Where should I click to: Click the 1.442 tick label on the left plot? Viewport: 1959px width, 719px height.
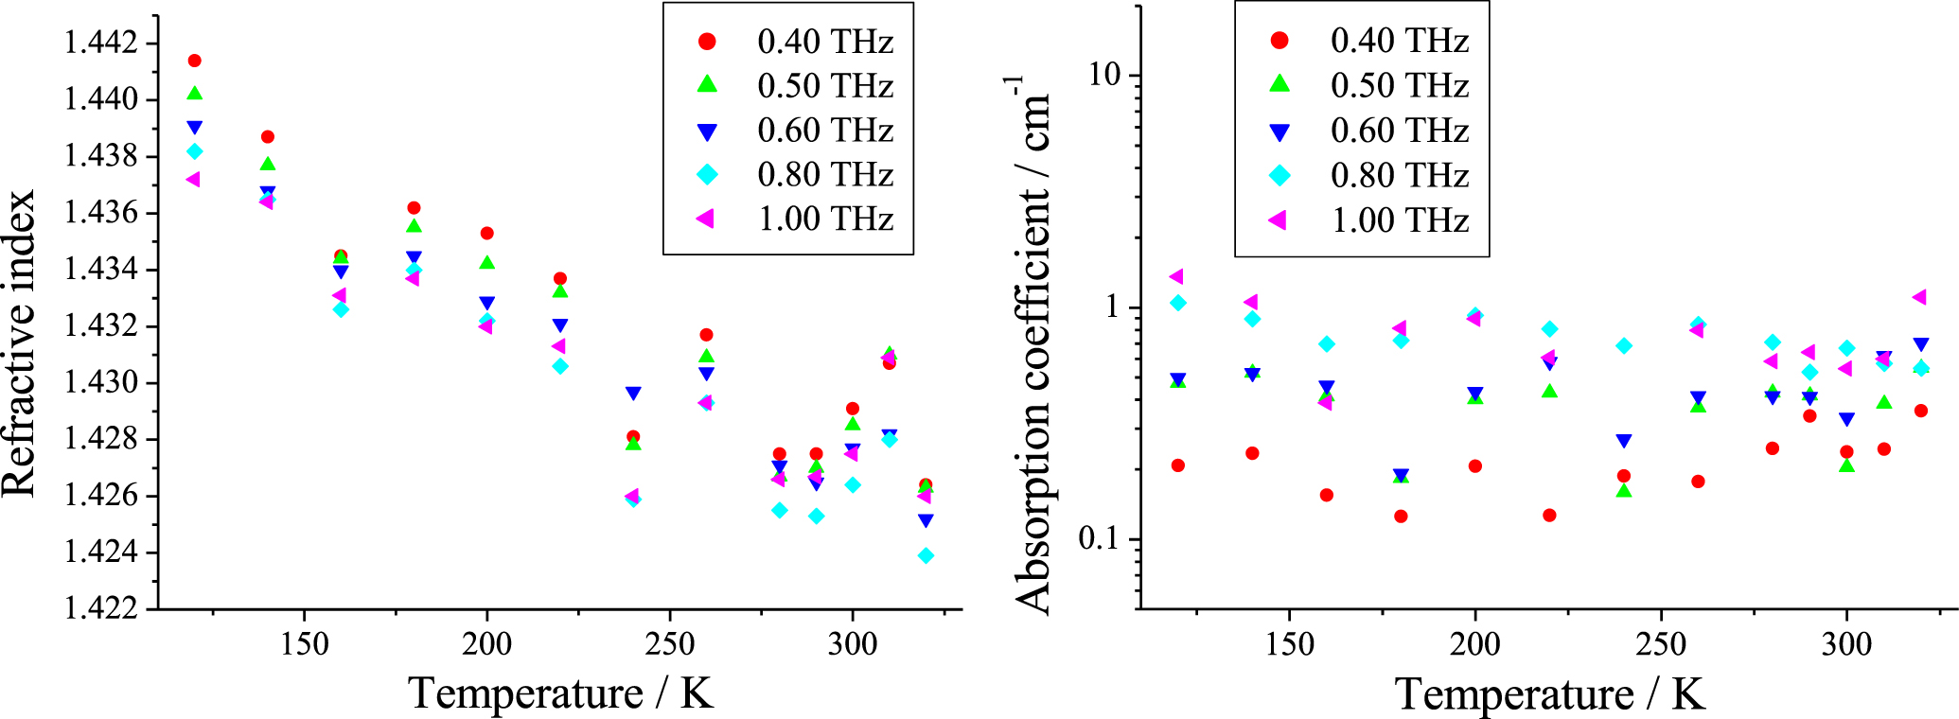point(100,43)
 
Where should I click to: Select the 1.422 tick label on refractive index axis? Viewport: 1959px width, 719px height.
point(100,607)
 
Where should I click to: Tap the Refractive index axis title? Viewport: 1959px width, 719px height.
point(19,343)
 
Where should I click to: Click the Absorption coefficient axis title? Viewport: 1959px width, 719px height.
point(1032,345)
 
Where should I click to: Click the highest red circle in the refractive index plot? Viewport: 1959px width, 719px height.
point(195,61)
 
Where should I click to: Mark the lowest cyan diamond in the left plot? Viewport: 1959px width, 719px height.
point(927,556)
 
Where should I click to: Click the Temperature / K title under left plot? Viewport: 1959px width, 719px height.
point(560,693)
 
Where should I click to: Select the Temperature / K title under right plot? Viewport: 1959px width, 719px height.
point(1549,694)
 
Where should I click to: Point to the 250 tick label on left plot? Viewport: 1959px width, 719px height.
point(669,644)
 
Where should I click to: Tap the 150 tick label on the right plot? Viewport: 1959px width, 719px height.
point(1290,645)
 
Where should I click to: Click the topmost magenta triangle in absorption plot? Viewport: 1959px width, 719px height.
point(1176,276)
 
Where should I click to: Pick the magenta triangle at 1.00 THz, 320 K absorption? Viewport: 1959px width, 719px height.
point(1919,297)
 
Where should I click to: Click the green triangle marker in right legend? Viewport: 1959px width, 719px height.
point(1279,83)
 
